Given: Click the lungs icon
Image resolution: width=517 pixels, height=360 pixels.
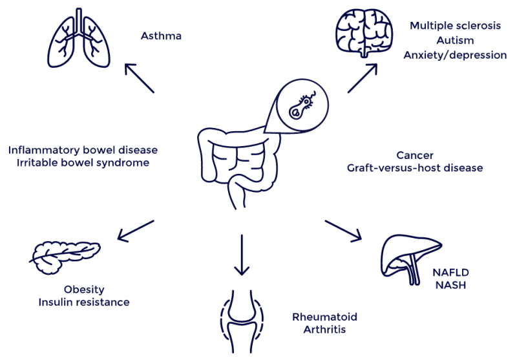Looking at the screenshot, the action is pyautogui.click(x=78, y=38).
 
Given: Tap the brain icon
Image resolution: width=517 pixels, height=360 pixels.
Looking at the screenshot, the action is pyautogui.click(x=364, y=33).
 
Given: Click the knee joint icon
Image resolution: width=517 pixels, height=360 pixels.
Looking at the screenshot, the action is pyautogui.click(x=242, y=321).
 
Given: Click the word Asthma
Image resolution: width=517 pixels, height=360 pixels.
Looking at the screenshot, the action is pyautogui.click(x=161, y=36).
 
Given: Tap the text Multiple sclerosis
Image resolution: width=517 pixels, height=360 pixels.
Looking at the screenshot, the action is pyautogui.click(x=455, y=25).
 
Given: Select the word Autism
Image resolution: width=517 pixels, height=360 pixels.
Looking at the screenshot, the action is pyautogui.click(x=455, y=40).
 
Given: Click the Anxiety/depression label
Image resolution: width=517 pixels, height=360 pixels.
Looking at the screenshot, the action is pyautogui.click(x=455, y=55).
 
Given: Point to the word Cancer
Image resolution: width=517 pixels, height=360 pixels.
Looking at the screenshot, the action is pyautogui.click(x=415, y=155).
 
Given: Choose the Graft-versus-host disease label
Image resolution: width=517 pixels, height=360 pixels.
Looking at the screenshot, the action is pyautogui.click(x=415, y=168).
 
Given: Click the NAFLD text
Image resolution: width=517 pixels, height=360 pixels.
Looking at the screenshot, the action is pyautogui.click(x=450, y=272).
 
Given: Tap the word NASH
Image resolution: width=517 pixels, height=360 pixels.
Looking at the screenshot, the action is pyautogui.click(x=450, y=285).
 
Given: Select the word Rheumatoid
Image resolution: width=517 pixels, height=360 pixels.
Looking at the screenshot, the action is pyautogui.click(x=324, y=317).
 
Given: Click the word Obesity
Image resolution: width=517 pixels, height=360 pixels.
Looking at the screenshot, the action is pyautogui.click(x=84, y=290).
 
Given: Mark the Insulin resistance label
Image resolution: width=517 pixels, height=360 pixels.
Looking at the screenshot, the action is pyautogui.click(x=84, y=302).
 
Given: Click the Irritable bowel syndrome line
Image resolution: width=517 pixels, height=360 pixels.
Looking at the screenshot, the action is pyautogui.click(x=83, y=162).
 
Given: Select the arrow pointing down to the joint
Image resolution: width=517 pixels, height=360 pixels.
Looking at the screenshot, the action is pyautogui.click(x=242, y=255).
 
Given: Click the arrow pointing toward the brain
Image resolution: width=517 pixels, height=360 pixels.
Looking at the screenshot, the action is pyautogui.click(x=363, y=78).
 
